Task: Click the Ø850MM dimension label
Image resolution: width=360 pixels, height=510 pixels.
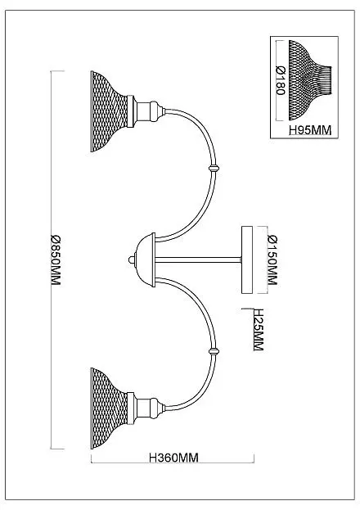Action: click(56, 260)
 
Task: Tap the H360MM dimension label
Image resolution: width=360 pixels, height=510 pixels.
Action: click(173, 458)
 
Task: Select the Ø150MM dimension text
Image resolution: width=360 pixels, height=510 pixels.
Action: click(272, 260)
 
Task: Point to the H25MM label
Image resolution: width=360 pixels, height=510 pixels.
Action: click(259, 330)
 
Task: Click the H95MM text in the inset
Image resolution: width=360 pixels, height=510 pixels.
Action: click(310, 130)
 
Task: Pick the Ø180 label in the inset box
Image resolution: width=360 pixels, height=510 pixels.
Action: click(281, 80)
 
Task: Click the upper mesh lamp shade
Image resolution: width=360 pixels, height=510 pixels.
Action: click(108, 111)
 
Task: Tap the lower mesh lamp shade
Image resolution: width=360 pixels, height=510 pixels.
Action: click(108, 408)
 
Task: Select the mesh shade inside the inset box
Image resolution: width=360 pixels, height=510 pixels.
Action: click(310, 80)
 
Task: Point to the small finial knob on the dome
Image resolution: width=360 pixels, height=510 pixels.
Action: click(132, 260)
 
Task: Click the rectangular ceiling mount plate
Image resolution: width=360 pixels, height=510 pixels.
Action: click(247, 260)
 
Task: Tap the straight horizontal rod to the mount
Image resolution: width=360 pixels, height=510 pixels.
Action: click(198, 260)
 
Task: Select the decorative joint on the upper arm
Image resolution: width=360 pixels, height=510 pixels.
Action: click(213, 169)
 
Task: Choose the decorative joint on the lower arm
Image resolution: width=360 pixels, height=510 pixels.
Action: click(214, 351)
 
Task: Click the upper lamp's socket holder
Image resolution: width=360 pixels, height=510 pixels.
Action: click(146, 111)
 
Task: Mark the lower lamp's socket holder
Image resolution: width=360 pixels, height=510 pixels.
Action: click(146, 408)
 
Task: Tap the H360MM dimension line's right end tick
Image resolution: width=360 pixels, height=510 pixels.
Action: click(254, 458)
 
